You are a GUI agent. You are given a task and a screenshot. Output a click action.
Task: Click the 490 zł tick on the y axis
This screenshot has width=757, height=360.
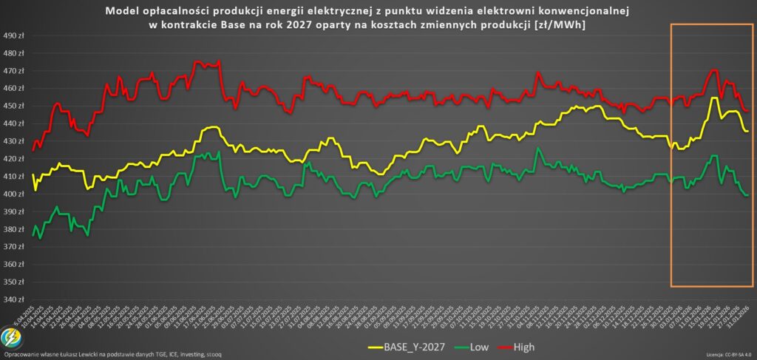14,35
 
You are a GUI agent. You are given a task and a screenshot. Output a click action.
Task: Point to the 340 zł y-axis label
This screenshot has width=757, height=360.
14,299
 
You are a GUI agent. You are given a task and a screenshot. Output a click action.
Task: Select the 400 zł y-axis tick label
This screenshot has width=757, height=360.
14,194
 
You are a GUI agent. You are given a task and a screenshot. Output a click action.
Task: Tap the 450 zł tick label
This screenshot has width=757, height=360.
14,106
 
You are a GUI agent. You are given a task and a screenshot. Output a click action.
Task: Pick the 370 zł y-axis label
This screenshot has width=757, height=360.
14,247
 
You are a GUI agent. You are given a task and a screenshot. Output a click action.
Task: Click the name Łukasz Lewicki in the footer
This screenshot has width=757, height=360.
87,356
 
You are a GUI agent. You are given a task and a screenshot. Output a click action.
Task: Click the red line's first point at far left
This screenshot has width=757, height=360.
33,150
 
